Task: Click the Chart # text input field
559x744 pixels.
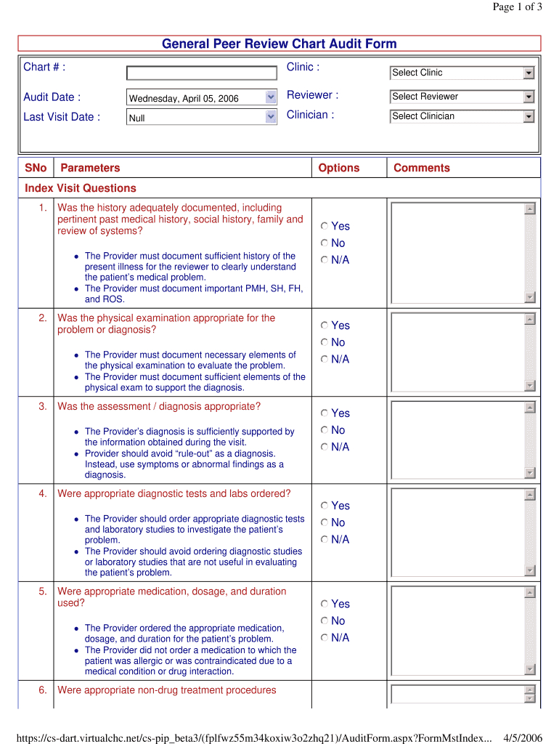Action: point(201,73)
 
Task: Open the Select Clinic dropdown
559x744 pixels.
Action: point(462,73)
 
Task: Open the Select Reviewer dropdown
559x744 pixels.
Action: point(462,97)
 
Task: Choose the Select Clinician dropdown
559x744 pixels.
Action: point(462,116)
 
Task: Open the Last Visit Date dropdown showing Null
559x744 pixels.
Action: point(201,117)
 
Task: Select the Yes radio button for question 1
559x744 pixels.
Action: point(325,227)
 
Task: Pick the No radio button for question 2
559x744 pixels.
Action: point(325,342)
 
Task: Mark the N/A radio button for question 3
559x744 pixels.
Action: point(325,447)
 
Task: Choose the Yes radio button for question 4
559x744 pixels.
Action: point(325,506)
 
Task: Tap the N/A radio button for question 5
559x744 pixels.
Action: point(325,638)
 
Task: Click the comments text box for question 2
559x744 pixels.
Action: point(457,352)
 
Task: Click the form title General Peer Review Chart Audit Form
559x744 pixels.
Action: point(279,44)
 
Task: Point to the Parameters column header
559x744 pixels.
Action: point(90,168)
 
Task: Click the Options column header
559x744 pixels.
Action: point(339,168)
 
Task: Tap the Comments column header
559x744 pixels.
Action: point(422,168)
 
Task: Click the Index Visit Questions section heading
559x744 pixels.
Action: point(81,188)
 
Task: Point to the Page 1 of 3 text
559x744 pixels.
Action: point(517,7)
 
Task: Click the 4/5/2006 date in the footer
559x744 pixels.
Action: point(523,738)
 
